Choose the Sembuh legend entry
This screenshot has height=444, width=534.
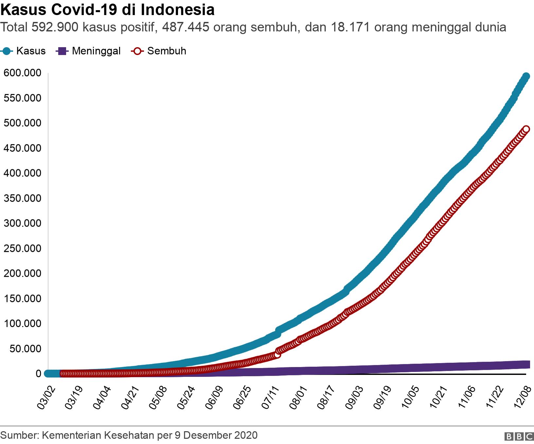(159, 51)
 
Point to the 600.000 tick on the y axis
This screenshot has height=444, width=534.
(23, 73)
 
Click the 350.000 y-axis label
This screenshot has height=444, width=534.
(23, 198)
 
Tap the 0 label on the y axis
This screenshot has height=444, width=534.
(39, 374)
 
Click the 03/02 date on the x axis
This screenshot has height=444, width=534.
(46, 398)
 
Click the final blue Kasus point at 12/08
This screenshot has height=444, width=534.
(526, 76)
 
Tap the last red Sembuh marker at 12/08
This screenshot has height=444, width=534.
(526, 129)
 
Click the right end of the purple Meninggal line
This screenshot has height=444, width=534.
(527, 364)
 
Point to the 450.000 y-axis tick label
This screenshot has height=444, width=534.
(23, 148)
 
